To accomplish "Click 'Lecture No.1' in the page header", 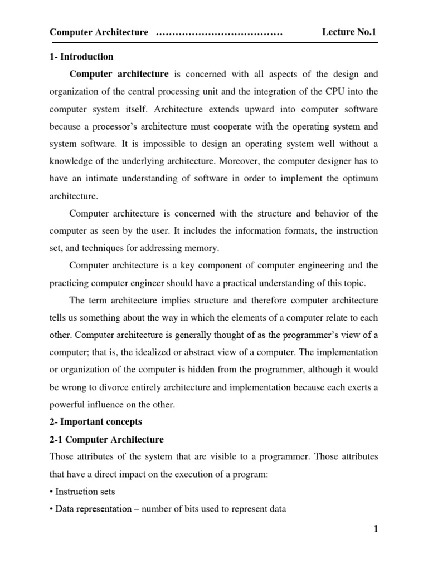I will pos(349,32).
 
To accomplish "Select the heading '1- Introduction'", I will pos(81,57).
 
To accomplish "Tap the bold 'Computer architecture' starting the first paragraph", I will pos(119,73).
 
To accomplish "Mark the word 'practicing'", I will pos(69,283).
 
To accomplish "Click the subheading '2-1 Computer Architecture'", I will pos(106,439).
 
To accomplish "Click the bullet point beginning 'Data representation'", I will pos(167,509).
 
